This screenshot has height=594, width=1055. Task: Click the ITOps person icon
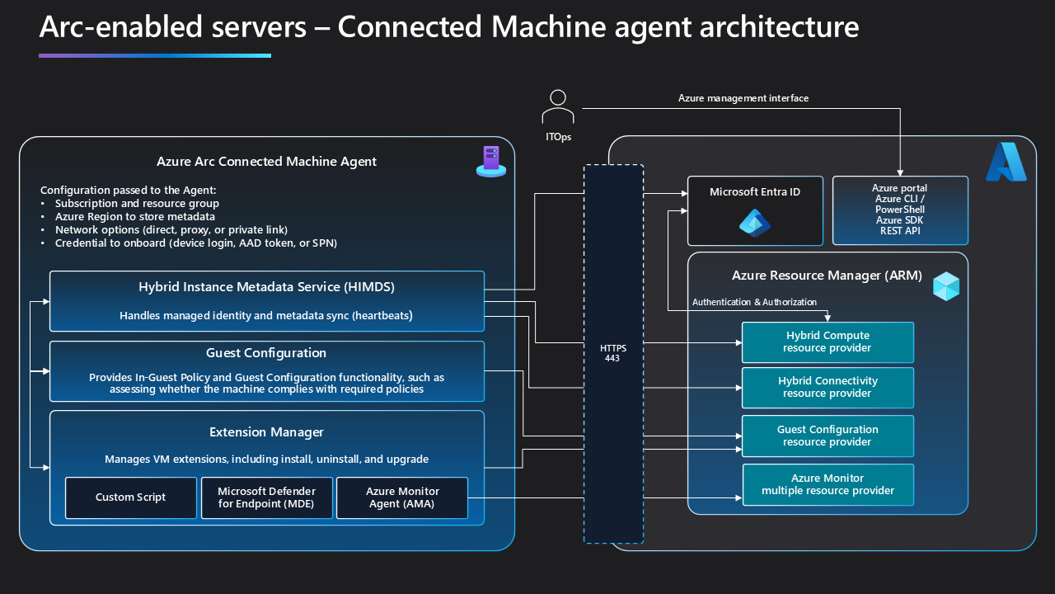tap(558, 106)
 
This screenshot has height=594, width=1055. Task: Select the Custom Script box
tap(131, 497)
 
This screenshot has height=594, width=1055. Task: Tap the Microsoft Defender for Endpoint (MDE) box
tap(266, 497)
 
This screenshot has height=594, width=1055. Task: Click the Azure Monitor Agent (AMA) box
tap(402, 497)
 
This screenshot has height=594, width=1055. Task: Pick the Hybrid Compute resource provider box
tap(828, 342)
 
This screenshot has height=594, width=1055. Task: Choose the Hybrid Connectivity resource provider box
tap(828, 387)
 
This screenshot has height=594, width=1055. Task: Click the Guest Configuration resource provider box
tap(828, 436)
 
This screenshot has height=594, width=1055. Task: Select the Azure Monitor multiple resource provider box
tap(828, 484)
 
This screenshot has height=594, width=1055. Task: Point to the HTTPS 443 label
tap(613, 354)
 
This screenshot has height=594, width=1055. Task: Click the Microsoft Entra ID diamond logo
tap(754, 223)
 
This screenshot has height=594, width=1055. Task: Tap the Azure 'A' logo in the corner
tap(1006, 162)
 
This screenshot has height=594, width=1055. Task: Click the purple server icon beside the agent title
tap(491, 161)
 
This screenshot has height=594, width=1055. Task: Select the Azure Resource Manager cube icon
tap(945, 285)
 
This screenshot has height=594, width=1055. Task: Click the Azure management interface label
tap(743, 98)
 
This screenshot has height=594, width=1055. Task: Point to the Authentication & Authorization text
tap(754, 302)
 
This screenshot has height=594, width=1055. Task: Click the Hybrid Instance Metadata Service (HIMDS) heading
tap(266, 287)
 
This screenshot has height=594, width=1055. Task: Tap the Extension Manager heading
tap(266, 432)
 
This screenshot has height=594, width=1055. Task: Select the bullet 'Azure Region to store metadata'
tap(135, 216)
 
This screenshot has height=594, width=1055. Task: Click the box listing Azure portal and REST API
tap(899, 210)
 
